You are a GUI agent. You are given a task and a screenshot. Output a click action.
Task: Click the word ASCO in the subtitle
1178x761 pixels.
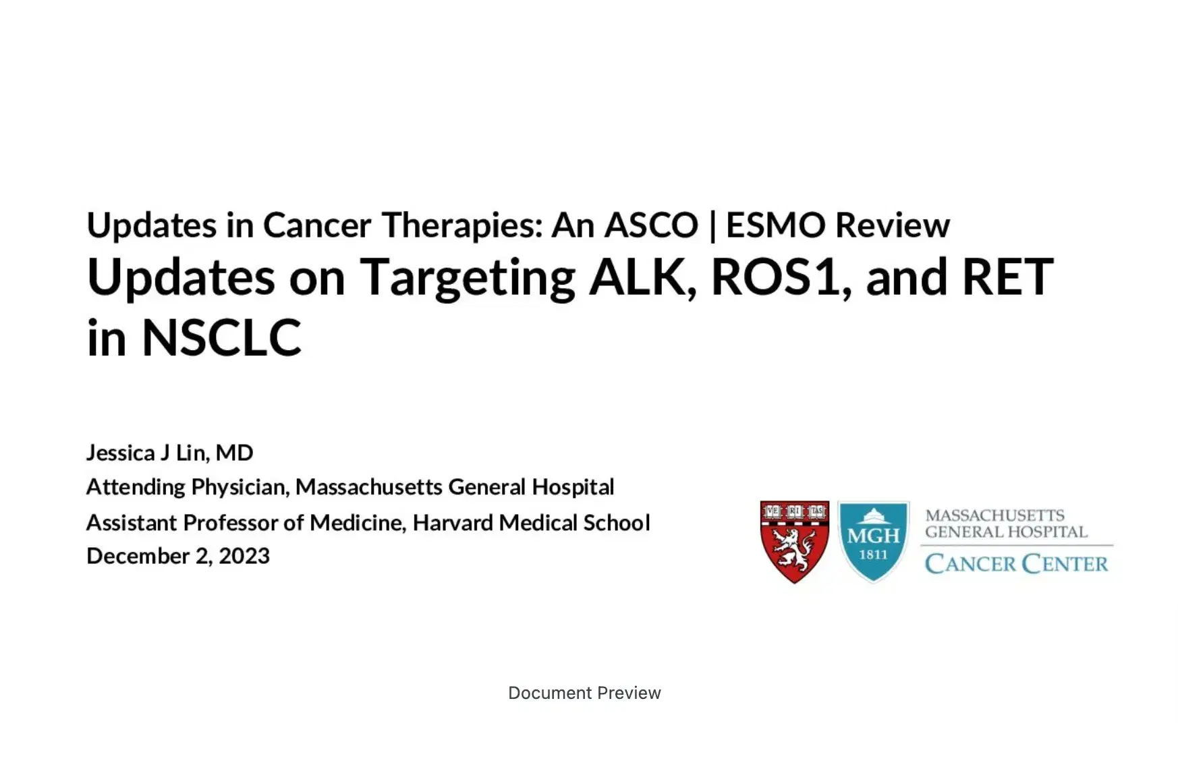point(651,225)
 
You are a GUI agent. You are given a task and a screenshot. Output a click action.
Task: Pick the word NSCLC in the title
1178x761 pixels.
point(221,337)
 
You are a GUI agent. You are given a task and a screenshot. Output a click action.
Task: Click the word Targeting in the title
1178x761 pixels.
point(467,278)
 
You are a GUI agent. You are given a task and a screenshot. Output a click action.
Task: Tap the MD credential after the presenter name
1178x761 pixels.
point(234,453)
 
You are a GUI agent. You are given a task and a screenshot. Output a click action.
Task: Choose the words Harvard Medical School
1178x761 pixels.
point(531,522)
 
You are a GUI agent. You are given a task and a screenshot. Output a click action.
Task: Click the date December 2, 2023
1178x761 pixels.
point(178,556)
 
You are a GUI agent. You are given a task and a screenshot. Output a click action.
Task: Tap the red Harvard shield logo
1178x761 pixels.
point(794,542)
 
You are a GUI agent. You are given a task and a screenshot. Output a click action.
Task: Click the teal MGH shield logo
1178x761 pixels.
point(873,542)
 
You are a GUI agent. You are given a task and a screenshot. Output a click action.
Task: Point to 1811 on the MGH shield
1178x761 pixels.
point(873,555)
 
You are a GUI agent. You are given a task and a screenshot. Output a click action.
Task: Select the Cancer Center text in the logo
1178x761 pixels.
point(1016,564)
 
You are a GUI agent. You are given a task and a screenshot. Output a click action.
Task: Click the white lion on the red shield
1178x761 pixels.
point(794,548)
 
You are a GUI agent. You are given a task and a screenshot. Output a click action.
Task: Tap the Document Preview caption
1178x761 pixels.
point(584,693)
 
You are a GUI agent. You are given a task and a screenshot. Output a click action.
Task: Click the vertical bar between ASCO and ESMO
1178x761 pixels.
point(712,226)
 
